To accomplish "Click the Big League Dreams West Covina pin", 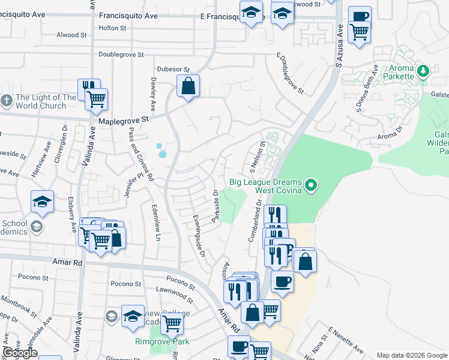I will [310, 186].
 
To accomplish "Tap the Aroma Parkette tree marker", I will [423, 71].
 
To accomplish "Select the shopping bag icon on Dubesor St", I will [188, 86].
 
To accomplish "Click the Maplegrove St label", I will [124, 121].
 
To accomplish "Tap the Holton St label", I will [112, 28].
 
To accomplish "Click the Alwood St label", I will [67, 35].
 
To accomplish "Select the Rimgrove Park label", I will [161, 342].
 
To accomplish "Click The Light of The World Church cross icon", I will [7, 100].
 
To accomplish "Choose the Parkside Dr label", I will [215, 206].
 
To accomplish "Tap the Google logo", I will [20, 353].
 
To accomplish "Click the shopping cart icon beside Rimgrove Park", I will [172, 323].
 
